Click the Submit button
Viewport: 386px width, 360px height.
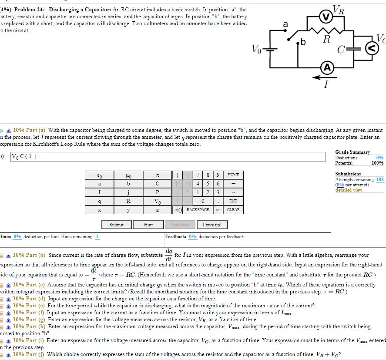(116, 225)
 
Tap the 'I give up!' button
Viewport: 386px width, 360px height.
(212, 225)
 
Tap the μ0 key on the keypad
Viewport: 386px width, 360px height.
(128, 175)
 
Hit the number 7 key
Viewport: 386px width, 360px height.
(198, 175)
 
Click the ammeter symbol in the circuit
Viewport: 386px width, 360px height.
(327, 67)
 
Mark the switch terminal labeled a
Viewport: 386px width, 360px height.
(287, 31)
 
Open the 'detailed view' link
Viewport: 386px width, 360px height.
(349, 190)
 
